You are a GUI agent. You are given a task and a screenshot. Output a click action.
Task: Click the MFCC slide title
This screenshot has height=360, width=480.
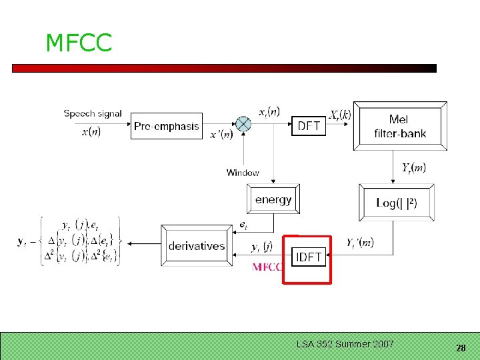[x=79, y=43]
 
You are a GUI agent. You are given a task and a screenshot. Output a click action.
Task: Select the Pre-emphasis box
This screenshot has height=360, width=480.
[x=167, y=125]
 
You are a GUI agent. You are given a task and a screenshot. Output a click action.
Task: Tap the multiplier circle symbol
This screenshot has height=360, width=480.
[x=245, y=125]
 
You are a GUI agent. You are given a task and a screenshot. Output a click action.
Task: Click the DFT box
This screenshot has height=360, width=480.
[x=309, y=125]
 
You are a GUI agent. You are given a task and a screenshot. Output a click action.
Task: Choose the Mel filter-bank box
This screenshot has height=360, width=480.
[x=400, y=126]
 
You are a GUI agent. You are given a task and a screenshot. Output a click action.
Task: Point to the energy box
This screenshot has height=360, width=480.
[x=273, y=199]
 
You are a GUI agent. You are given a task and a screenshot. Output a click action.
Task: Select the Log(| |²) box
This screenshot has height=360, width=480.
[x=397, y=203]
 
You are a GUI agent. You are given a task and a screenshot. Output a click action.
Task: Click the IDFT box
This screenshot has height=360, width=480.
[x=308, y=257]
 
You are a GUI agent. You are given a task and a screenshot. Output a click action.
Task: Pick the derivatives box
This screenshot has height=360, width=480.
[x=196, y=246]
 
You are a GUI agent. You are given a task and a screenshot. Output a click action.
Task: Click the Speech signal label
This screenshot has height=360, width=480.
[x=93, y=113]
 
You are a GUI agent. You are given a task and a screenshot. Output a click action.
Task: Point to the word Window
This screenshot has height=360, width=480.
[x=243, y=173]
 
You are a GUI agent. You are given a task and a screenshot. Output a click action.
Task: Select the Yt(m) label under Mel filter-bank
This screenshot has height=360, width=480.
[x=413, y=167]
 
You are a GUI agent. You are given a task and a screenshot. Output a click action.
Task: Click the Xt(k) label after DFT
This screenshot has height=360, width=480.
[x=340, y=115]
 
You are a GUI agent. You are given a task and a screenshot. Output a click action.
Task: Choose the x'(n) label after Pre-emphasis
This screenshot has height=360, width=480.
[x=221, y=135]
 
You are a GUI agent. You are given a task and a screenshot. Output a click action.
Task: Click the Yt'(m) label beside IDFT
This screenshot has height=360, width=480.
[x=360, y=243]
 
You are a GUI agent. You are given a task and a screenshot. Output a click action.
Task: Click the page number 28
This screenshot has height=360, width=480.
[x=460, y=348]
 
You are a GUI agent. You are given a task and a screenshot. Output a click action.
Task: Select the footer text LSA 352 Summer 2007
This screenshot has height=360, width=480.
[x=345, y=344]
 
